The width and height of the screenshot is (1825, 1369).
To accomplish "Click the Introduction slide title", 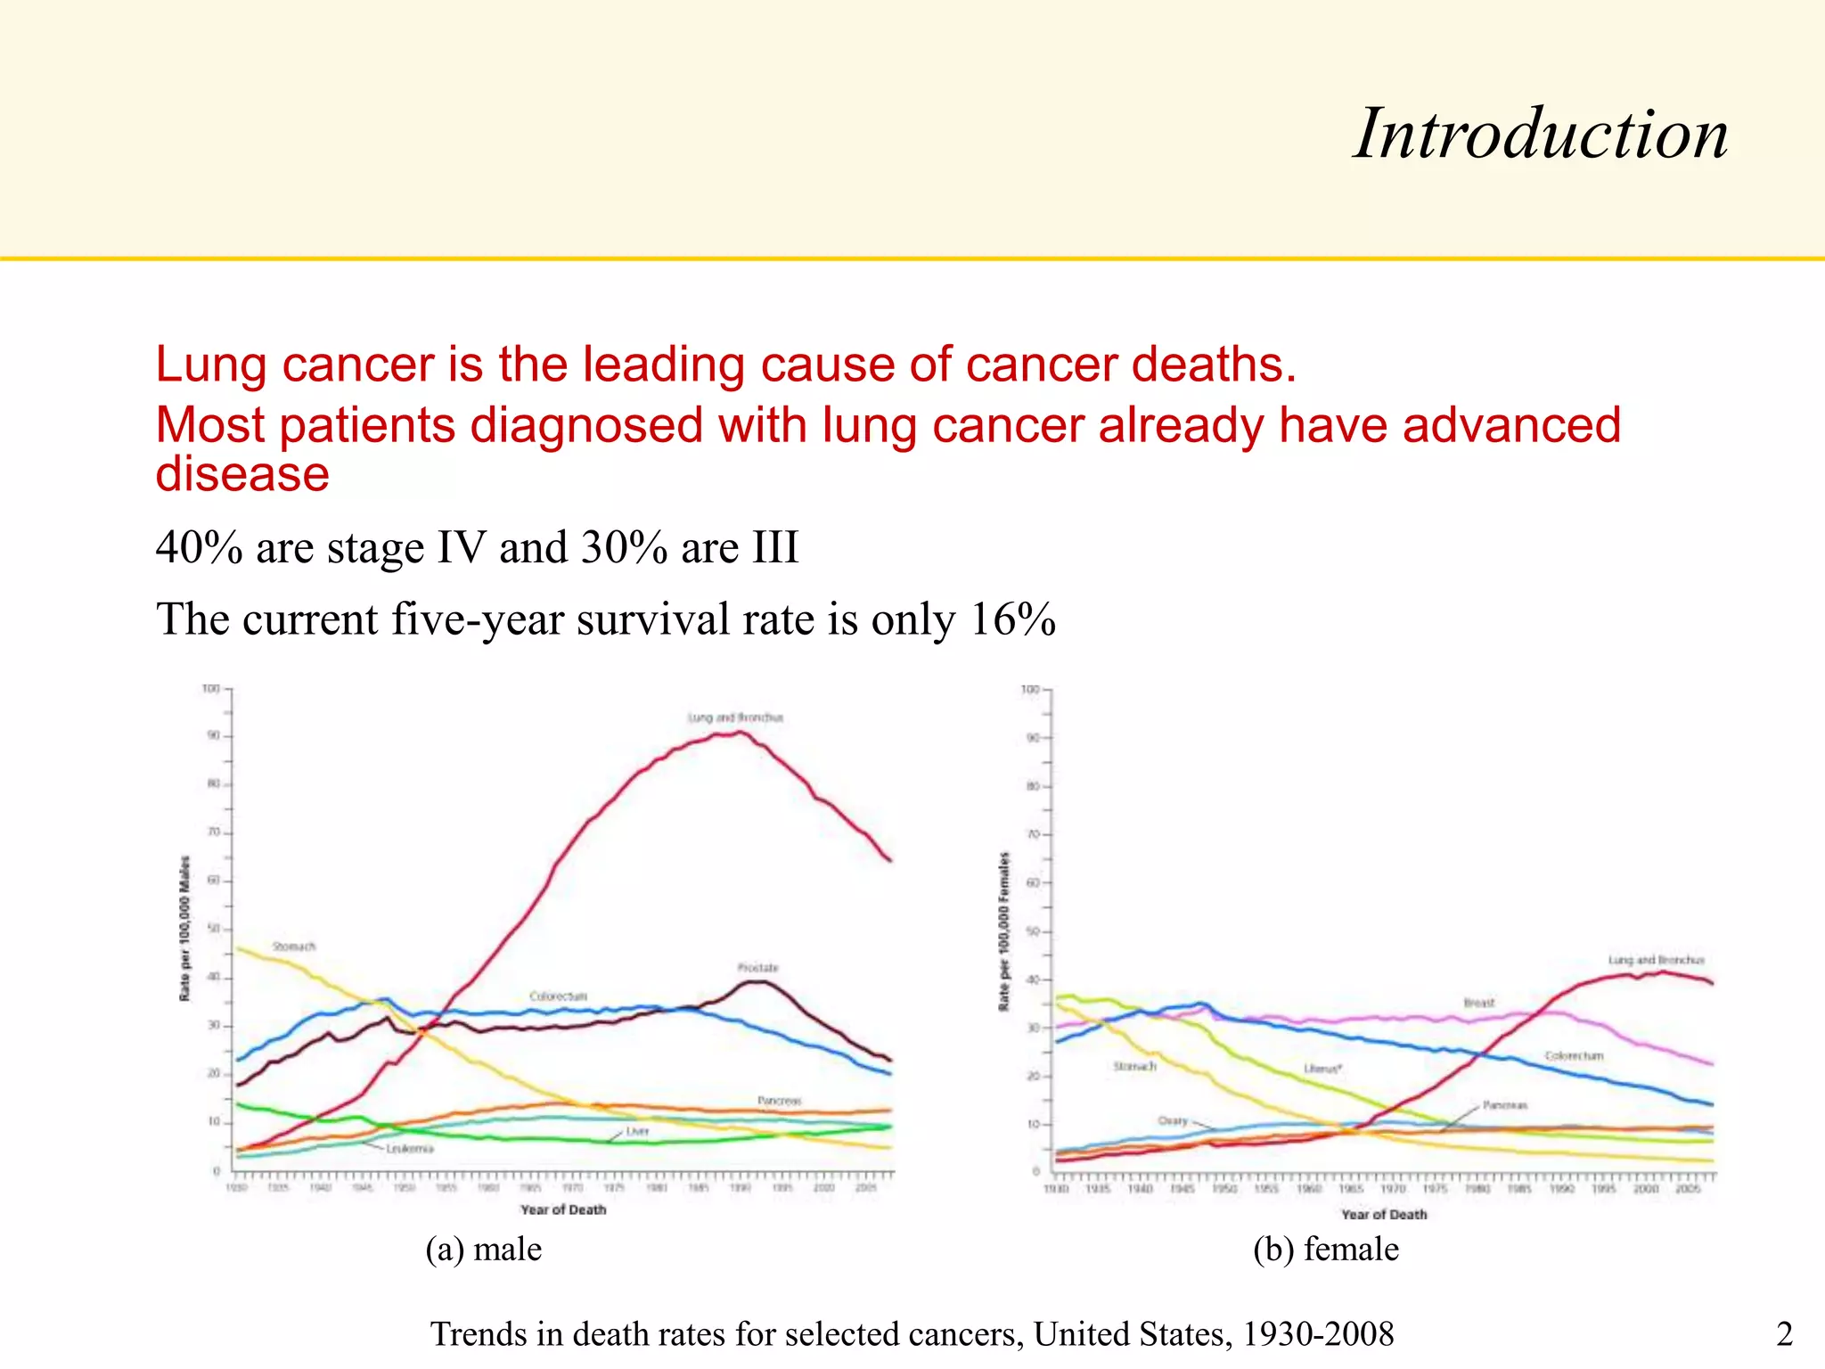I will coord(1541,134).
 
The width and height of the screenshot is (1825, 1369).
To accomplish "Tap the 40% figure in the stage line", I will coord(199,547).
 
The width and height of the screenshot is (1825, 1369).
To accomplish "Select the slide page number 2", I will coord(1784,1334).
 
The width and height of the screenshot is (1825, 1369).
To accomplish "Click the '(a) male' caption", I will coord(483,1249).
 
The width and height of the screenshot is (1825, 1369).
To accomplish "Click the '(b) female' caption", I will coord(1325,1249).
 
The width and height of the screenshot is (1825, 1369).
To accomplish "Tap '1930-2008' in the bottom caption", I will coord(1318,1334).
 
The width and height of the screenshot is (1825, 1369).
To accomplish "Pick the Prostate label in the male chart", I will coord(757,968).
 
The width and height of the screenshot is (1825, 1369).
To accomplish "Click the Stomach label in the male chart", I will coord(294,947).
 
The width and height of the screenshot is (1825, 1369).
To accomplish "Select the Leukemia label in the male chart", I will coord(410,1149).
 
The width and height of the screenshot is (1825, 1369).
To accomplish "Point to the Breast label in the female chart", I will coord(1478,1003).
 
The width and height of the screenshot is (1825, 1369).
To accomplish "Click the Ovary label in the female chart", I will coord(1173,1120).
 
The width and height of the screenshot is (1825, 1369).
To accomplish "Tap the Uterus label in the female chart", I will coord(1322,1069).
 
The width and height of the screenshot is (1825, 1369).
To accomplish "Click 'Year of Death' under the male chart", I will coord(563,1209).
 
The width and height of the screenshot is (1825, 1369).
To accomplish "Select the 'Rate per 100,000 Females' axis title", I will coord(1004,931).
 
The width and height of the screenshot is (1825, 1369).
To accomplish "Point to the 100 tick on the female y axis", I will coord(1029,690).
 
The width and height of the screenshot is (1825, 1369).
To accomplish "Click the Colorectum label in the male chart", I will coord(559,996).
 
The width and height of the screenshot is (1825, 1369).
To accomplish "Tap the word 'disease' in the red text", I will coord(242,473).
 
